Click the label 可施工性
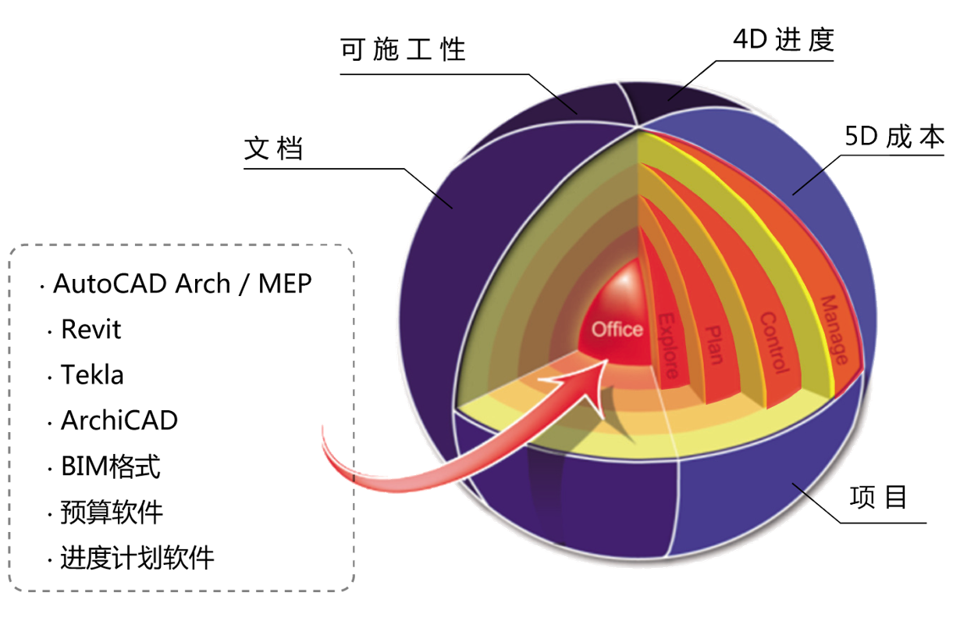(x=403, y=49)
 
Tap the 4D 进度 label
(x=784, y=40)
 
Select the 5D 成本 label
(x=894, y=136)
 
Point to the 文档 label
(x=273, y=148)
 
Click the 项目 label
(x=878, y=497)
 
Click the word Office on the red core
(x=617, y=330)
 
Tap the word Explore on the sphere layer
(x=668, y=345)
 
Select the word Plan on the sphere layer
(x=715, y=345)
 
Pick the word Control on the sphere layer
(x=774, y=343)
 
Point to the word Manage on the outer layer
(x=834, y=330)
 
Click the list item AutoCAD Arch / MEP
(x=182, y=284)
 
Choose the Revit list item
(x=91, y=329)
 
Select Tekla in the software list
(x=92, y=375)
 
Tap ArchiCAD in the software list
(x=119, y=420)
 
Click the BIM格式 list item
(x=111, y=466)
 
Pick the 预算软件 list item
(x=112, y=512)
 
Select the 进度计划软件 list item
(x=137, y=557)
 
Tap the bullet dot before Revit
(x=50, y=332)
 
